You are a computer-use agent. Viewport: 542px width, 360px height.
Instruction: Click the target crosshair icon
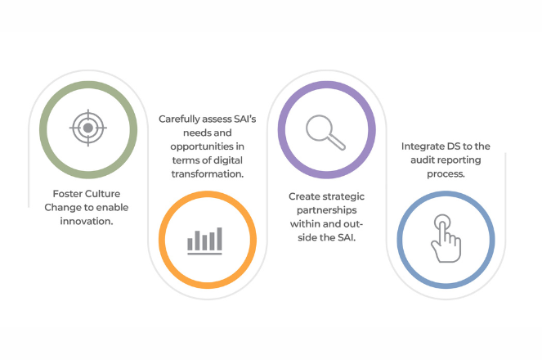(x=88, y=128)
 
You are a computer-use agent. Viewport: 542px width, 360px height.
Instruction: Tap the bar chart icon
(x=204, y=241)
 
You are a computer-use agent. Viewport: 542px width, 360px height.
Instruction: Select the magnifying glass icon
(x=325, y=133)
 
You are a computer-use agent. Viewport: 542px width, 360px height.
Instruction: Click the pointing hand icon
(x=446, y=238)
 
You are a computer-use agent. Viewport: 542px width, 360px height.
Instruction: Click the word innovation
(x=87, y=221)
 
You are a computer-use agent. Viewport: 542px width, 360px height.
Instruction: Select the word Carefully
(x=179, y=119)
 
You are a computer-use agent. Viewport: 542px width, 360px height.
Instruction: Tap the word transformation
(x=208, y=173)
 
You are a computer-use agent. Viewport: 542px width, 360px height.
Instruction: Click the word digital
(x=226, y=160)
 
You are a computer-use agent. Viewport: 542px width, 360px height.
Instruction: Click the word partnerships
(x=327, y=210)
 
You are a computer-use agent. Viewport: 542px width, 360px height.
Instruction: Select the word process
(x=446, y=174)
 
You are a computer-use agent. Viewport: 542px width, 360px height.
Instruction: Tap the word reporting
(x=461, y=160)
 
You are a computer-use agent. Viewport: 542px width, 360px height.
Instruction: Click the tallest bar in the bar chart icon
(x=219, y=239)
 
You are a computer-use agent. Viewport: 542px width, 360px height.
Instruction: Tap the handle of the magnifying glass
(x=336, y=142)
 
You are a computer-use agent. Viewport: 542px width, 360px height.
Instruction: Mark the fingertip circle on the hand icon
(x=442, y=222)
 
